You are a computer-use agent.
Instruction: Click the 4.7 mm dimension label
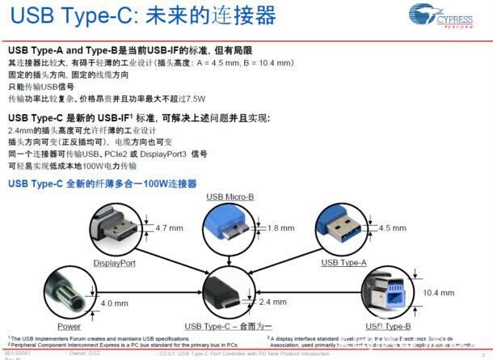[169, 229]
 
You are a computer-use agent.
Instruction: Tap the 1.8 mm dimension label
[280, 229]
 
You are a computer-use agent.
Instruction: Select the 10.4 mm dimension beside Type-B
[439, 293]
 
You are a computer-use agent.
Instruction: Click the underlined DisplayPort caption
[114, 263]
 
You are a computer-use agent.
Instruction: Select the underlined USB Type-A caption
[343, 263]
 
